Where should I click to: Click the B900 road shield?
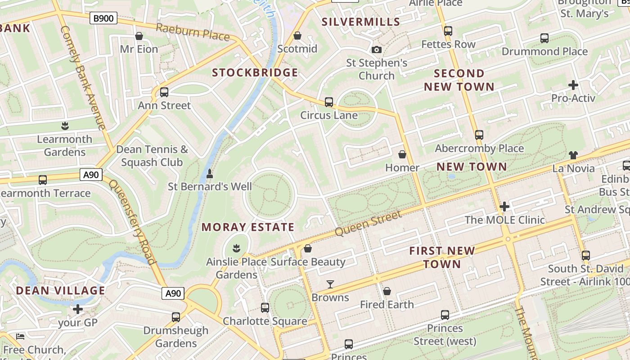coord(103,18)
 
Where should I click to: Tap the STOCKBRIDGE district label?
coord(255,73)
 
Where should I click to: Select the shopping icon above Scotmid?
coord(297,36)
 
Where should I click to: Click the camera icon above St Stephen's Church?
coord(377,49)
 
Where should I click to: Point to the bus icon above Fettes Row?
coord(448,31)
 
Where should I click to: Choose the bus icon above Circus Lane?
coord(329,102)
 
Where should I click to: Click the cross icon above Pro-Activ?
coord(573,85)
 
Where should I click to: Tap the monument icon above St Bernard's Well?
coord(209,173)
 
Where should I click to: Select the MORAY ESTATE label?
coord(247,227)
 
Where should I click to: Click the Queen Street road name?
coord(368,224)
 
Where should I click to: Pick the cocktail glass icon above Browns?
coord(330,284)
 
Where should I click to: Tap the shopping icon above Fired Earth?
coord(387,291)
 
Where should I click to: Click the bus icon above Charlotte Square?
coord(265,308)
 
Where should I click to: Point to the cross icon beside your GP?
coord(78,309)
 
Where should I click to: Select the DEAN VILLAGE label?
coord(61,291)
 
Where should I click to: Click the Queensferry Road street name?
coord(133,222)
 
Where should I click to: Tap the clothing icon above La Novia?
coord(573,155)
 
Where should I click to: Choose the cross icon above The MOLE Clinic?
coord(504,207)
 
